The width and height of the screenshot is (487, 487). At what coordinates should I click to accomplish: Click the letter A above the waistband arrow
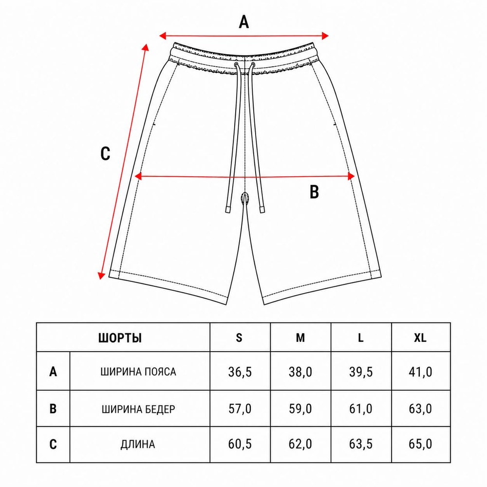point(244,22)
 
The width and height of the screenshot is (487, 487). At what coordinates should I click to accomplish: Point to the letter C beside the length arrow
point(105,153)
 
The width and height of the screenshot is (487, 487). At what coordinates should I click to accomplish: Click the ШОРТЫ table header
point(120,337)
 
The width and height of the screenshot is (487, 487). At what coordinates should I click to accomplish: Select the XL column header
point(420,337)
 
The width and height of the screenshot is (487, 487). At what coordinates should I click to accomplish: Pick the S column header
point(239,337)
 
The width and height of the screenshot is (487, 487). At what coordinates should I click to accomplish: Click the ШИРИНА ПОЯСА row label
point(138,372)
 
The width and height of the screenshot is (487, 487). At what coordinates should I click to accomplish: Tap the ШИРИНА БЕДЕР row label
point(138,409)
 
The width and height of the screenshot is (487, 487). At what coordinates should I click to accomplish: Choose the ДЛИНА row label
point(138,445)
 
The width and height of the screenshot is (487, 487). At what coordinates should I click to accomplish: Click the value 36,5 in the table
point(240,372)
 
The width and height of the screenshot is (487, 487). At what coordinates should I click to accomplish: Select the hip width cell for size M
point(300,409)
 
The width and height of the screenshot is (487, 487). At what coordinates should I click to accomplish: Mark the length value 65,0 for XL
point(420,444)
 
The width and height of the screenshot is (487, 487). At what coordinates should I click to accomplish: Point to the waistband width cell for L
point(361,372)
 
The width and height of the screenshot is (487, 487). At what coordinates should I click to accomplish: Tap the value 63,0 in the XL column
point(420,409)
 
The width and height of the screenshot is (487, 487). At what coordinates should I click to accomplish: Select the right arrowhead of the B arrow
point(351,176)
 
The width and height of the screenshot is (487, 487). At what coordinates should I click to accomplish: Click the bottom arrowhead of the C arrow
point(101,276)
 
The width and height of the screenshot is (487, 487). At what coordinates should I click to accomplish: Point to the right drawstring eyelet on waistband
point(252,65)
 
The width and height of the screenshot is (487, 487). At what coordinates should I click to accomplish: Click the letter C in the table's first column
point(53,445)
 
